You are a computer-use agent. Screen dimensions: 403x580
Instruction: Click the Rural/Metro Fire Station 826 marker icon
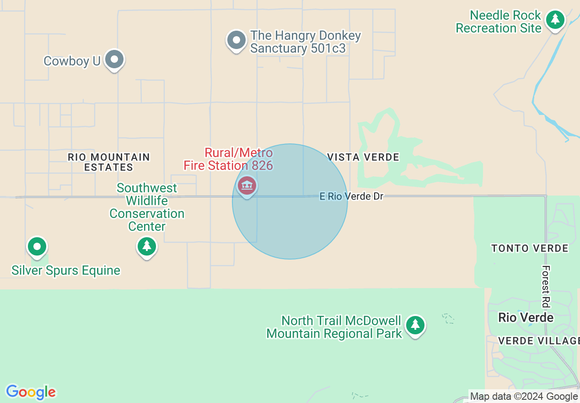pyautogui.click(x=247, y=185)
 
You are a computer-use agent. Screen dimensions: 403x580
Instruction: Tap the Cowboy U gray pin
pyautogui.click(x=114, y=60)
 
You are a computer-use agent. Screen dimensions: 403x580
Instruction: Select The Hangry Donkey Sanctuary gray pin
pyautogui.click(x=236, y=40)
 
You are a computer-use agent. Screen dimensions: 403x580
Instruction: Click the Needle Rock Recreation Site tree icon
pyautogui.click(x=555, y=19)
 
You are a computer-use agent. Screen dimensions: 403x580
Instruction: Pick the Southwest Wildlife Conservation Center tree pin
pyautogui.click(x=147, y=246)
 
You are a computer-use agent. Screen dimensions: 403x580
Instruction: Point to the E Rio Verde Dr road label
pyautogui.click(x=351, y=196)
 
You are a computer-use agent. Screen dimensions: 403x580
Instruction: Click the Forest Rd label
pyautogui.click(x=546, y=286)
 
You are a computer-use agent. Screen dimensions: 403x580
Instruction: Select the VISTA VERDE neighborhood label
pyautogui.click(x=363, y=157)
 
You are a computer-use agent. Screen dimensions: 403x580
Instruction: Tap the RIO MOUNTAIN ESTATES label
pyautogui.click(x=109, y=162)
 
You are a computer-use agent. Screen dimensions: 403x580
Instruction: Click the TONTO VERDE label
pyautogui.click(x=530, y=249)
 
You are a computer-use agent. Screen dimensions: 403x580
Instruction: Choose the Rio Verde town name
pyautogui.click(x=526, y=317)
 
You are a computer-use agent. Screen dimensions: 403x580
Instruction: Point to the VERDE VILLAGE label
pyautogui.click(x=539, y=341)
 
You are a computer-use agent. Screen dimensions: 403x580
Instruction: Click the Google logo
pyautogui.click(x=31, y=392)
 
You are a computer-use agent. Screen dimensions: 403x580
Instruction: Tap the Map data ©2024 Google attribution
pyautogui.click(x=524, y=397)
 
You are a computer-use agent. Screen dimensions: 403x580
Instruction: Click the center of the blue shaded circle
pyautogui.click(x=290, y=201)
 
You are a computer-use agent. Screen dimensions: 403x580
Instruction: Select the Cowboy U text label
pyautogui.click(x=72, y=61)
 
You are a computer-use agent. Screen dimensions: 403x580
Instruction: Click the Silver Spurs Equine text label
pyautogui.click(x=66, y=271)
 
